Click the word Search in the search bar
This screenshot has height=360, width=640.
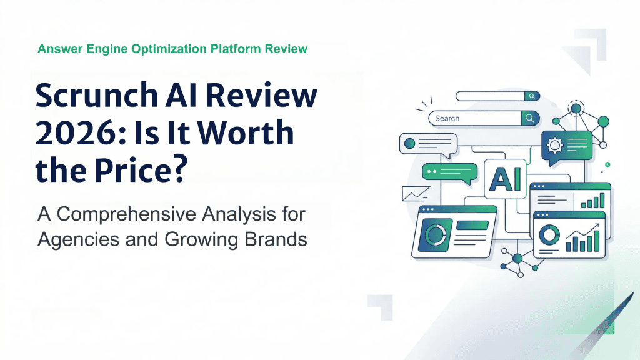click(x=447, y=118)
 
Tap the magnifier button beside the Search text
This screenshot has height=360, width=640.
click(x=529, y=118)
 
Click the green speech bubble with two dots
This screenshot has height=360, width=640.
click(x=445, y=171)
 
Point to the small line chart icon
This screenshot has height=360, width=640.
click(x=416, y=194)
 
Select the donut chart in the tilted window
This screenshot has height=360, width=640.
click(x=435, y=234)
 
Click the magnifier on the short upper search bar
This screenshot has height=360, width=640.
click(x=531, y=96)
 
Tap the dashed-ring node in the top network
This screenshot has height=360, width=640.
click(x=576, y=107)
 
